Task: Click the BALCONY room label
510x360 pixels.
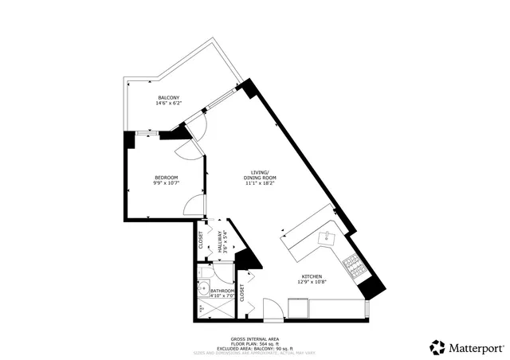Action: coord(168,97)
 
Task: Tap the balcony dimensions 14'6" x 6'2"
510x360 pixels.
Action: coord(168,104)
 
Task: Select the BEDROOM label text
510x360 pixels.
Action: coord(166,177)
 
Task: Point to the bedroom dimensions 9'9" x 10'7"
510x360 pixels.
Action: coord(166,183)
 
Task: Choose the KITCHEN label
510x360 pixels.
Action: coord(311,276)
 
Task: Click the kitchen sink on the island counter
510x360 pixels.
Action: coord(327,237)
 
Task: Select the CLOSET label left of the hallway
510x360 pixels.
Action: coord(201,240)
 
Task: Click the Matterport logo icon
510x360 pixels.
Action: coord(437,347)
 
